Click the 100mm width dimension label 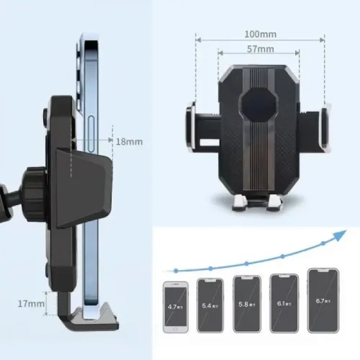tap(260, 34)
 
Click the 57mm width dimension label tap(260, 49)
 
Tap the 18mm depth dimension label tap(129, 141)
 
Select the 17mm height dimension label tap(31, 303)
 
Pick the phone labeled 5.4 tap(210, 305)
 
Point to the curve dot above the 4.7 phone tap(176, 270)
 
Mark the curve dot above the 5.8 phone tap(247, 263)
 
